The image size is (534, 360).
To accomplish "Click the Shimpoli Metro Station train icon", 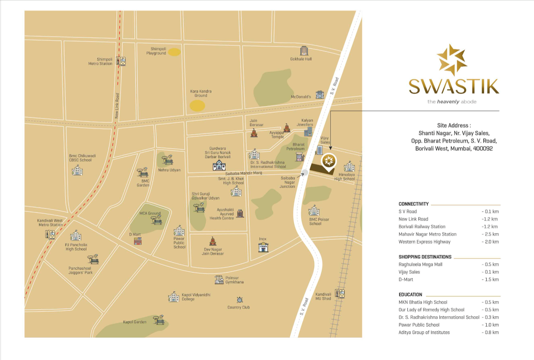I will [121, 61].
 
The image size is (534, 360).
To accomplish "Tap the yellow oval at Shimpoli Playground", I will [174, 52].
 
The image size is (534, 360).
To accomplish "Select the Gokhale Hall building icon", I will [304, 51].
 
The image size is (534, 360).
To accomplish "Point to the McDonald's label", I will [301, 97].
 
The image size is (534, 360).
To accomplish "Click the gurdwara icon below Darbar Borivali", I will [219, 165].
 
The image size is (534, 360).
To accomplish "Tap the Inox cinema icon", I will [263, 247].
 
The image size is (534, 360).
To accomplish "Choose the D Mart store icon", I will [138, 241].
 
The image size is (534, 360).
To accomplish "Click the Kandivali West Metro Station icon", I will [50, 234].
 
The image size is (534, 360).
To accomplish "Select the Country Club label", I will [238, 307].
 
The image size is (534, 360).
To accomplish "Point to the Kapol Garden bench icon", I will [159, 320].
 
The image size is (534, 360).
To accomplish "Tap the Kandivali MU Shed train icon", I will [340, 294].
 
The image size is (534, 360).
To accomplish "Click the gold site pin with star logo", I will [329, 162].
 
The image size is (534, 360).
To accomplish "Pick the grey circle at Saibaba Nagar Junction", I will [305, 172].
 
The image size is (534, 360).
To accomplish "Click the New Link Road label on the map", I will [117, 106].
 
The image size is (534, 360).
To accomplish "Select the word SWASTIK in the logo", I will [454, 86].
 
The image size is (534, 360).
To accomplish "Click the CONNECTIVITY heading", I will [413, 204].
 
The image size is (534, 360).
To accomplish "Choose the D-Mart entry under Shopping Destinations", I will [406, 280].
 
